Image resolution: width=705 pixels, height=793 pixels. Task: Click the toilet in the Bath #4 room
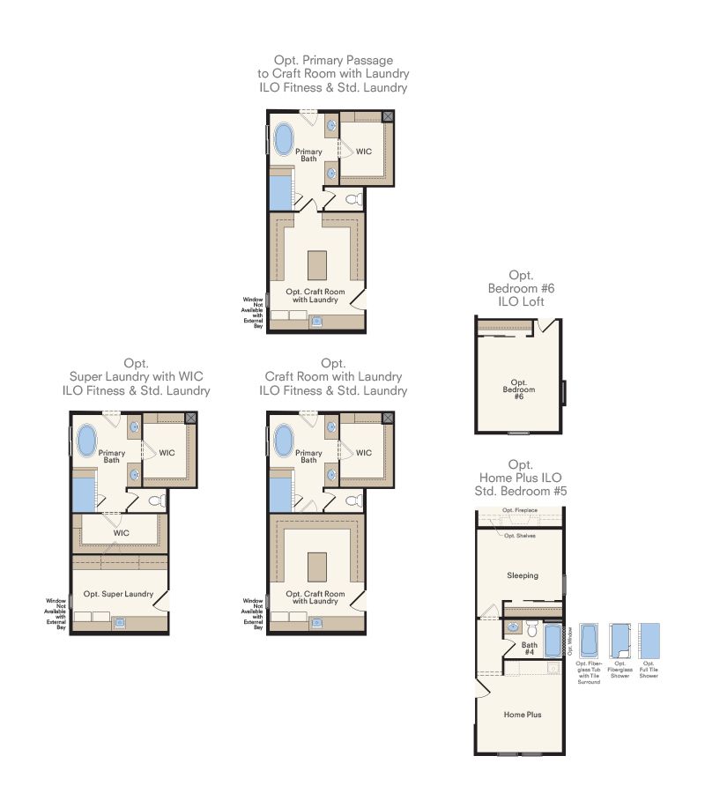[531, 629]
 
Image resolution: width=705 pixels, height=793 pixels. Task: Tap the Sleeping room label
[523, 575]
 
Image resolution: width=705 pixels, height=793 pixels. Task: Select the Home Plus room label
[523, 715]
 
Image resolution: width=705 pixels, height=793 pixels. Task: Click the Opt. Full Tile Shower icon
[649, 641]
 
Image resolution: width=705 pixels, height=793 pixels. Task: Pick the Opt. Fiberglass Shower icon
[620, 641]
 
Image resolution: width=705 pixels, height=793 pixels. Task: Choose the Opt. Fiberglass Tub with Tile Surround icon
[589, 641]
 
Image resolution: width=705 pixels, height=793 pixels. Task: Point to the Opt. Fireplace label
[520, 510]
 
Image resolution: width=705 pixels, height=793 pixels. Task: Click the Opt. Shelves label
[520, 536]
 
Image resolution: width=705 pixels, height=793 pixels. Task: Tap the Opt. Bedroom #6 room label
[519, 389]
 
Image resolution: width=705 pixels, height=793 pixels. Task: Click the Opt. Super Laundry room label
[118, 594]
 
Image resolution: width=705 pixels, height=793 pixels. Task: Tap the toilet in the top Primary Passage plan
[353, 199]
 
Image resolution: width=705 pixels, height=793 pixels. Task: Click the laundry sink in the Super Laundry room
[120, 623]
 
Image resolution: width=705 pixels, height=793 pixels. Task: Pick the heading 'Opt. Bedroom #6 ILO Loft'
[521, 288]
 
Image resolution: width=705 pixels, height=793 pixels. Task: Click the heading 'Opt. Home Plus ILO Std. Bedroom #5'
[521, 478]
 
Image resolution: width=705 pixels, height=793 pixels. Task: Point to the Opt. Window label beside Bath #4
[570, 641]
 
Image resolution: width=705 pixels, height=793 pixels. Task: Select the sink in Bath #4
[513, 627]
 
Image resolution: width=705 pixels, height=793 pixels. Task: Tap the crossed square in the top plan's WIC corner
[388, 117]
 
